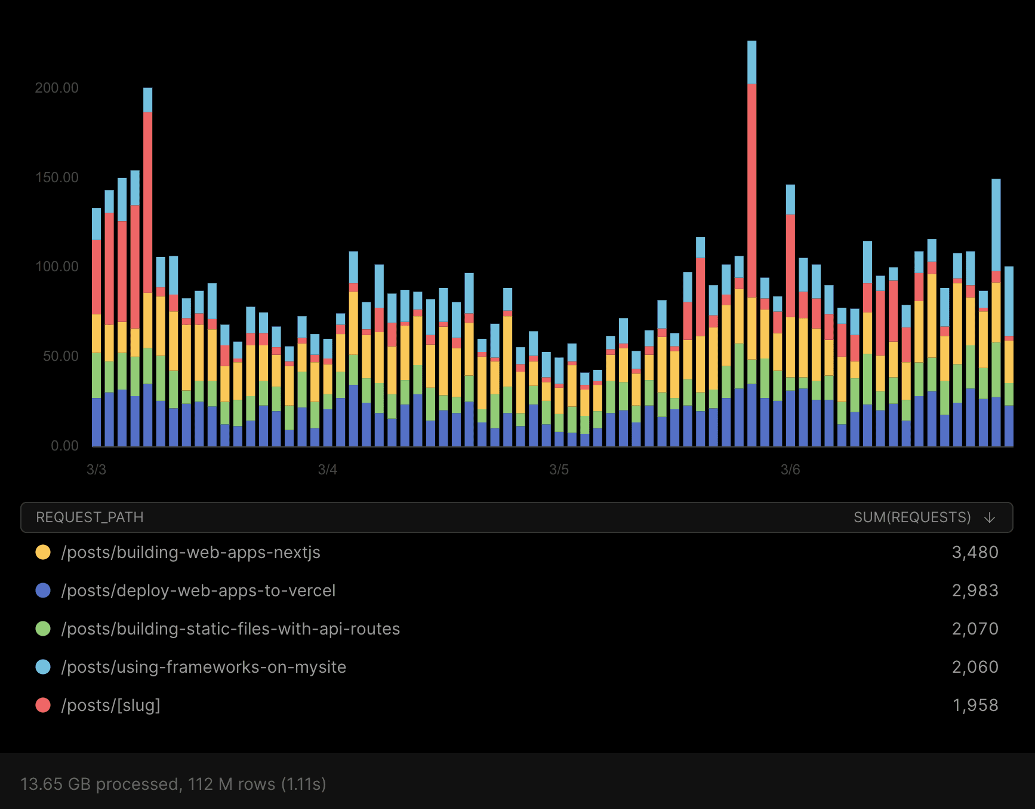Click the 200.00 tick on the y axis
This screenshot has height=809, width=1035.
(57, 88)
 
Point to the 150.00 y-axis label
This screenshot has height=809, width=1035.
(57, 177)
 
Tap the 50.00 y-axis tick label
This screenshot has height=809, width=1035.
(60, 356)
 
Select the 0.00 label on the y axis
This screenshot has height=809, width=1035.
(64, 446)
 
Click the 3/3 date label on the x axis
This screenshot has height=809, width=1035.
(96, 470)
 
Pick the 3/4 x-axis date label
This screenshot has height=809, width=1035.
(327, 470)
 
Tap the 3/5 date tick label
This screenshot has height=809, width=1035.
(559, 470)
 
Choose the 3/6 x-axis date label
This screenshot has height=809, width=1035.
(790, 470)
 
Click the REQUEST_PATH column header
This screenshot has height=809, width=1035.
(90, 517)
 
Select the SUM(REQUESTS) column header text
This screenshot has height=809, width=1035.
(911, 517)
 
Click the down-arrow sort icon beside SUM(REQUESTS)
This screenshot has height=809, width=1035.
(990, 517)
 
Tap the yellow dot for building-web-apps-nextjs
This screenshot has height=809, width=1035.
(43, 552)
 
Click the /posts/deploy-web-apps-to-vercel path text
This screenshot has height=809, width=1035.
(198, 591)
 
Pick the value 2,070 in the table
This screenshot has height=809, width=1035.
(975, 629)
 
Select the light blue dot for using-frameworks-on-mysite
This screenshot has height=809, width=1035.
(43, 667)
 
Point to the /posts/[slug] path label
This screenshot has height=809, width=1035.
(110, 705)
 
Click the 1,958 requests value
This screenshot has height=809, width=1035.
(975, 705)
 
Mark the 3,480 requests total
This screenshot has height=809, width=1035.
(975, 552)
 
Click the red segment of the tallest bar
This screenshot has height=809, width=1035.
(751, 191)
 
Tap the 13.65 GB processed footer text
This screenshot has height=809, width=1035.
(173, 784)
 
